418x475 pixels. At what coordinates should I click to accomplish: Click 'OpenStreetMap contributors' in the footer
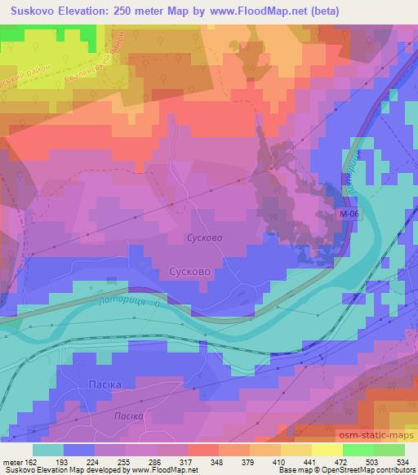click(375, 470)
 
